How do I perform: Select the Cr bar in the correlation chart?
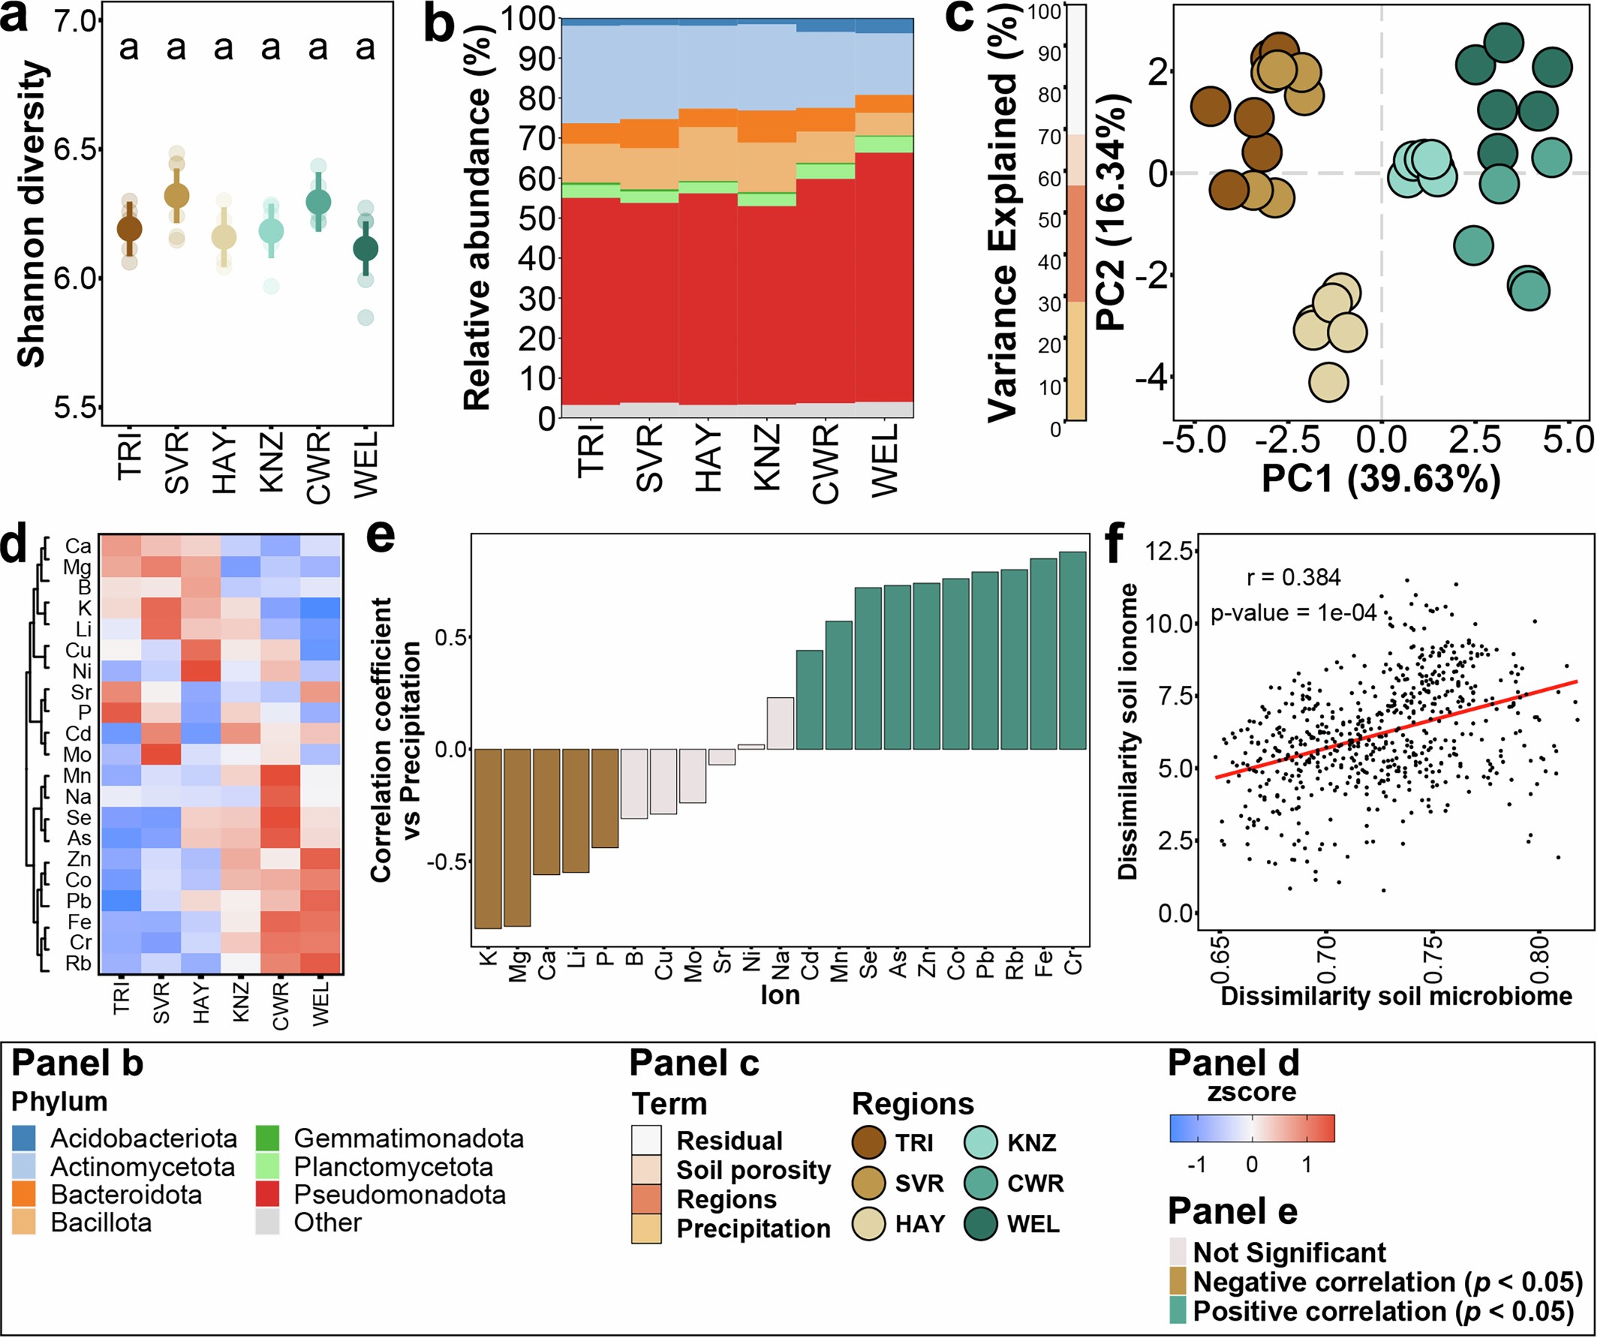point(1072,651)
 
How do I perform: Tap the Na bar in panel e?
point(780,723)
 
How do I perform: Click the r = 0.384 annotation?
point(1293,578)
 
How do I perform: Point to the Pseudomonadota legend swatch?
point(268,1195)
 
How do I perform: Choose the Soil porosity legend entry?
point(753,1170)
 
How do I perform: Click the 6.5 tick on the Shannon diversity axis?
point(76,149)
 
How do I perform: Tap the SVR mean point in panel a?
point(176,196)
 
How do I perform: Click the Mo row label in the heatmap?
point(77,755)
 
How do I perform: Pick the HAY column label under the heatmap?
point(201,1003)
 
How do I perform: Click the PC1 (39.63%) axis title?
point(1380,479)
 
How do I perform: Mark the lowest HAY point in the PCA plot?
point(1328,382)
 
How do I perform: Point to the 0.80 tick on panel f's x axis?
point(1538,950)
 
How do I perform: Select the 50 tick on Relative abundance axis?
point(537,219)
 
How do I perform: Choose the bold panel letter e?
point(380,536)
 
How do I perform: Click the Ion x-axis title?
point(780,995)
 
